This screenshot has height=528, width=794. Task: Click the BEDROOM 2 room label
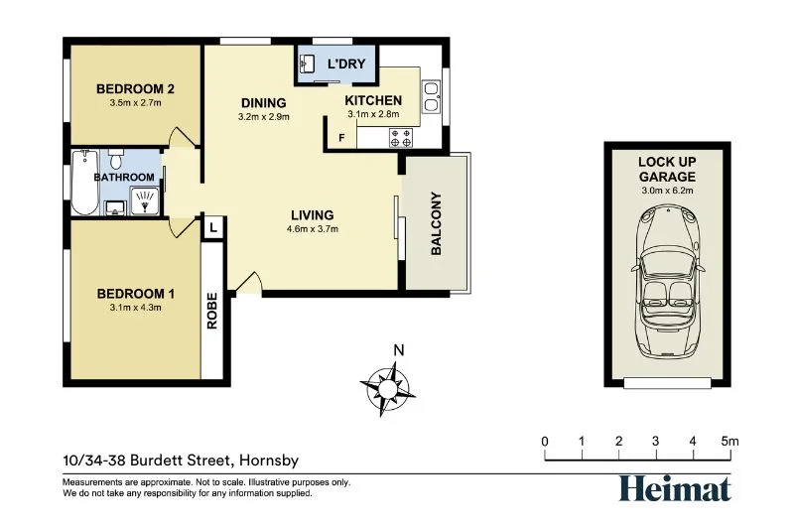click(135, 89)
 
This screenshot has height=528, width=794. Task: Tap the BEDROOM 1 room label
click(135, 293)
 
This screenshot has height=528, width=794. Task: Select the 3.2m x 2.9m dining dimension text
click(263, 116)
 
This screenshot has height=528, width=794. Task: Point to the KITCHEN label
click(373, 100)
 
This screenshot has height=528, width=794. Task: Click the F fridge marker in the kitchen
click(342, 137)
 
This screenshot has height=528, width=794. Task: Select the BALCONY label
click(436, 223)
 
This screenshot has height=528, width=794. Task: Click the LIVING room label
click(312, 214)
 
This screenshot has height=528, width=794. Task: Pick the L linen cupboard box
click(213, 227)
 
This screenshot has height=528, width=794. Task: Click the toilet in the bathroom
click(115, 160)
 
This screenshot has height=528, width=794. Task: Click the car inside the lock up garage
click(667, 283)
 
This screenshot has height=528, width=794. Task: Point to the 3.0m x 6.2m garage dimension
click(666, 190)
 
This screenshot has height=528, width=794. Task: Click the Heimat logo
click(675, 487)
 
